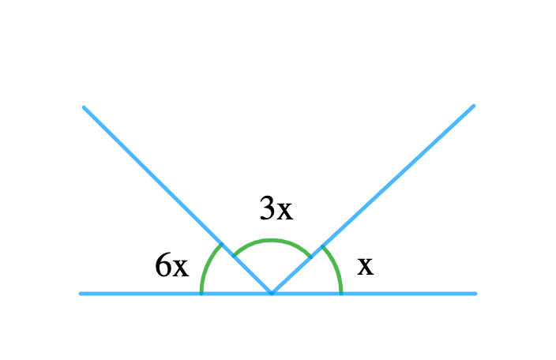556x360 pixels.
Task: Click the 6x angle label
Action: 172,265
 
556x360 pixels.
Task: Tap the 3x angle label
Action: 276,208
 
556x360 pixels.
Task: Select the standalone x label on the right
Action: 365,266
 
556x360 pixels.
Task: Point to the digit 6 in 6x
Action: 163,264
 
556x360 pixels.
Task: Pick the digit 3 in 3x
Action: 268,208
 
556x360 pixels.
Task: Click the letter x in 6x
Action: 181,268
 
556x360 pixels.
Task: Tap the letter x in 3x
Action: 285,211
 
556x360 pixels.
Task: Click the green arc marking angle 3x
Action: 271,241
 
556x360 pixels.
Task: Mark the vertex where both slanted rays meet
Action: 272,294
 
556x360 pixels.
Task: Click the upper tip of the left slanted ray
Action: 84,107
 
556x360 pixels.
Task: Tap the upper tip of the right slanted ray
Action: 474,106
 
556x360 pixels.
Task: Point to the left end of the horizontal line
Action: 80,294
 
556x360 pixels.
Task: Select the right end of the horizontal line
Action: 475,294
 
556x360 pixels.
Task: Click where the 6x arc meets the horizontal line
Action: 201,294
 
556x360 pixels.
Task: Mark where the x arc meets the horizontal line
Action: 341,294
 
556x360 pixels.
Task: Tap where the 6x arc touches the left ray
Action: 222,244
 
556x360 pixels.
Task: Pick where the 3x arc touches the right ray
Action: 311,257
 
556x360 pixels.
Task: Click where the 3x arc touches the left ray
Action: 233,256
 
